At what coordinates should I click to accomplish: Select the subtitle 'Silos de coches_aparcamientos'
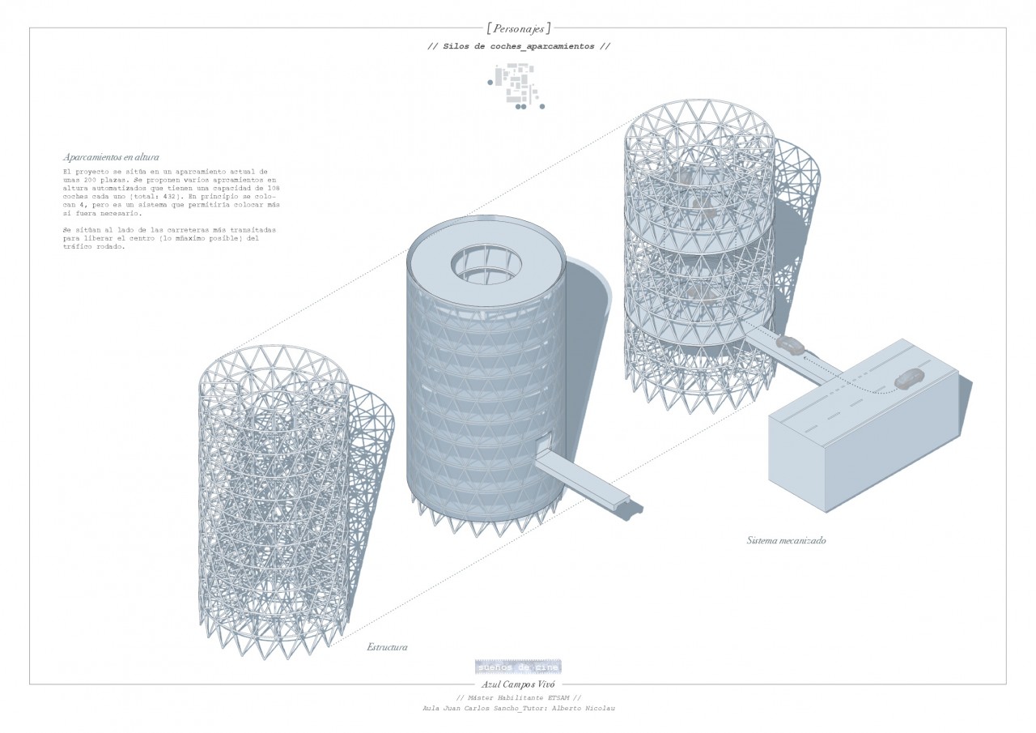tap(519, 46)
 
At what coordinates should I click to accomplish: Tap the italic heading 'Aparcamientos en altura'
tap(110, 156)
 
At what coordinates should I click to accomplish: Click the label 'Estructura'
tap(387, 647)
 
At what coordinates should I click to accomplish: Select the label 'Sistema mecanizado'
tap(786, 539)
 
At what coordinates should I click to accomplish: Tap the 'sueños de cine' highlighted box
tap(518, 667)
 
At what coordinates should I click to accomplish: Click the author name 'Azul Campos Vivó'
tap(518, 684)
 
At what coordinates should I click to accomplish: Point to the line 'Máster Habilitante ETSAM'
tap(519, 697)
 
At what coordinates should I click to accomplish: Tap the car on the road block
tap(911, 378)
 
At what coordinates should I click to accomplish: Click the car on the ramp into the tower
tap(790, 345)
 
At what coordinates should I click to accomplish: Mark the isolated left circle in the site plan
tap(489, 82)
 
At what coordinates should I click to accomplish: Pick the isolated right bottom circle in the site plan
tap(542, 106)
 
